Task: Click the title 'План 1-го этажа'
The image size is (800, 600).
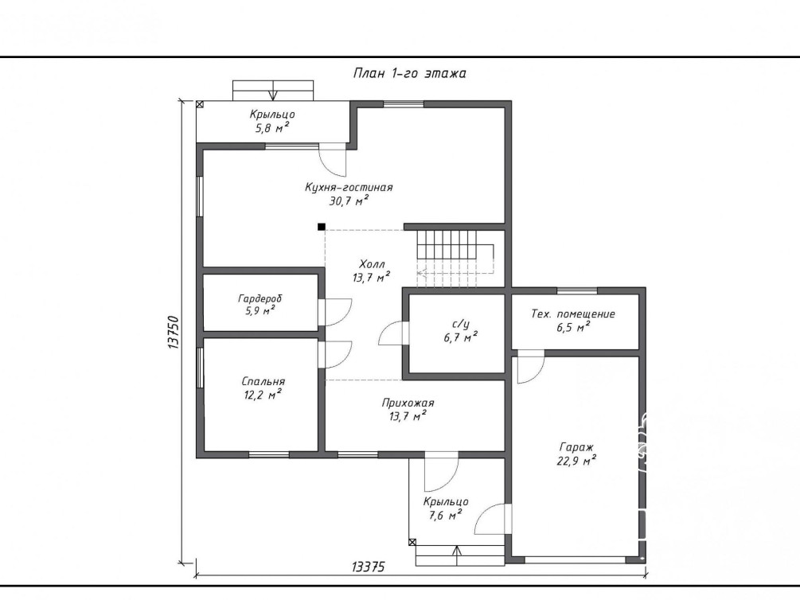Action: click(410, 73)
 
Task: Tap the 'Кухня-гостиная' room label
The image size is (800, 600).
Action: click(349, 187)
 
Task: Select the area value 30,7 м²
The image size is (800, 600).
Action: click(349, 201)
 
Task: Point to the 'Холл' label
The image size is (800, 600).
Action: click(372, 264)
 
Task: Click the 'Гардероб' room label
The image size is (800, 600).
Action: click(260, 298)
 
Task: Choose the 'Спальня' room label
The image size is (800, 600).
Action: click(263, 382)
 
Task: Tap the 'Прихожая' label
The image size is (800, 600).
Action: click(408, 403)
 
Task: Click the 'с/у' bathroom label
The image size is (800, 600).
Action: click(461, 324)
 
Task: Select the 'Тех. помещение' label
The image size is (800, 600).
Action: click(573, 314)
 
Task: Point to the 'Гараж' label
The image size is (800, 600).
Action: click(576, 447)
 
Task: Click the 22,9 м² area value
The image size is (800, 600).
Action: click(576, 461)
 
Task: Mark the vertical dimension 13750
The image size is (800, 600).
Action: click(174, 332)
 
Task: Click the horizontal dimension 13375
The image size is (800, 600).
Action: click(368, 567)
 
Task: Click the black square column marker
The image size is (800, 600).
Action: click(322, 227)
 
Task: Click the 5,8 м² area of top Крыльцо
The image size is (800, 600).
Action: click(272, 127)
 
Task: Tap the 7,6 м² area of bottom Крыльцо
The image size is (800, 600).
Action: click(446, 515)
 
